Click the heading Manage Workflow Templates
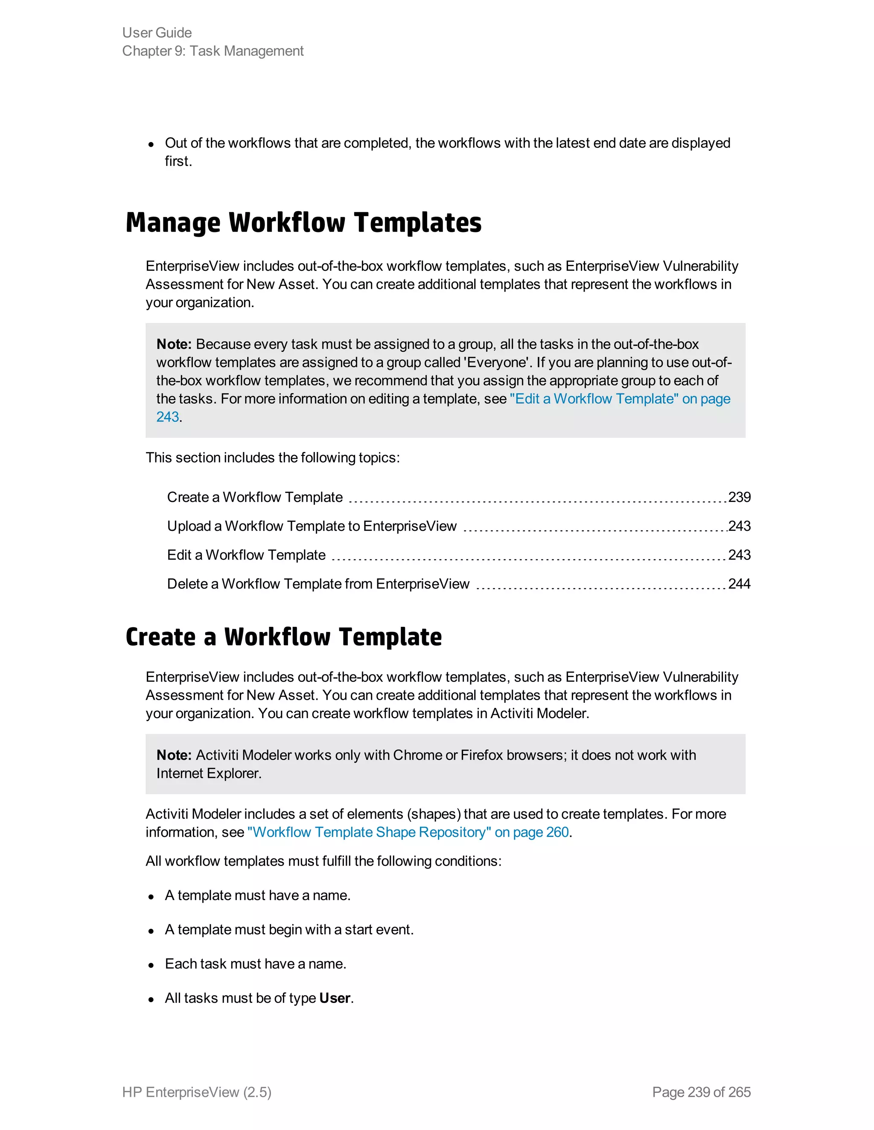[303, 223]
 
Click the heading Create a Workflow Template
[284, 637]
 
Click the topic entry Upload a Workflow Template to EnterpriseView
[312, 526]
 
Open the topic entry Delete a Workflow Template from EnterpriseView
[318, 584]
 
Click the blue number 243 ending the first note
[168, 417]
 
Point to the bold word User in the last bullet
[335, 998]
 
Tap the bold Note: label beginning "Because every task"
[174, 345]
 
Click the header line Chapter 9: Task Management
[213, 51]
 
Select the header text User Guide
[157, 32]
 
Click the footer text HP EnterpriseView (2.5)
[197, 1092]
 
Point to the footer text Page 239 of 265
[701, 1092]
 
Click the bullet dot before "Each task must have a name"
[151, 965]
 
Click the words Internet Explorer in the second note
[208, 774]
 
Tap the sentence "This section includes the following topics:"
[272, 458]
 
